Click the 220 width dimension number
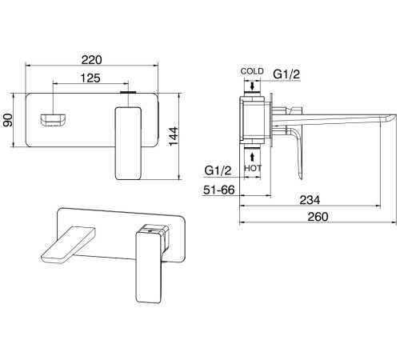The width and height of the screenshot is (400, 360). (x=91, y=60)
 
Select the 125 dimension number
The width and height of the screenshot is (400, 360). (x=90, y=78)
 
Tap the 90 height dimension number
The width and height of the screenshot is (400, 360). (x=8, y=120)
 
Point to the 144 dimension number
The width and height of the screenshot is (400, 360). (x=174, y=136)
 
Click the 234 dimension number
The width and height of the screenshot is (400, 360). (x=310, y=200)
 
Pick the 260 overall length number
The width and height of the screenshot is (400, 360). (x=318, y=217)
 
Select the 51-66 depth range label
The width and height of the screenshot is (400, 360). (x=219, y=190)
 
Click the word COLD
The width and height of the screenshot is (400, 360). (x=252, y=71)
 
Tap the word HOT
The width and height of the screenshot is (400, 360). (x=253, y=168)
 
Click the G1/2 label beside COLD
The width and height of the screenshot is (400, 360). (x=286, y=74)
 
